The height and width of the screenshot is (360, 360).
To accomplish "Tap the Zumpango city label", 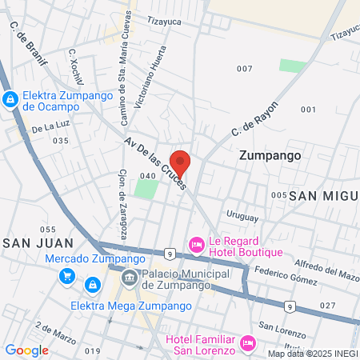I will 270,157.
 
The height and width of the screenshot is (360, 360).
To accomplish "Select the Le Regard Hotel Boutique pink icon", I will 195,242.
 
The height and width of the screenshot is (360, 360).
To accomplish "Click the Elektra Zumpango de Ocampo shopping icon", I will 10,100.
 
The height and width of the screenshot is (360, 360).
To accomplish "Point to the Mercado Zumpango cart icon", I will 68,277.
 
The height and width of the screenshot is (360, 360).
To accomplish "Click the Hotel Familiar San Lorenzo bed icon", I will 247,344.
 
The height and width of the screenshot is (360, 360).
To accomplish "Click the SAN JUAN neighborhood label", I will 38,242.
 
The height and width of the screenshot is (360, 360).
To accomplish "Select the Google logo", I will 26,350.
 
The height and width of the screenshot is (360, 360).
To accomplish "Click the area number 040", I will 147,176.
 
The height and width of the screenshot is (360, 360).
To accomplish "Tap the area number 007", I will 244,69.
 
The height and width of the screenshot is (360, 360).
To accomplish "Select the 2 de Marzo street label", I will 55,334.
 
